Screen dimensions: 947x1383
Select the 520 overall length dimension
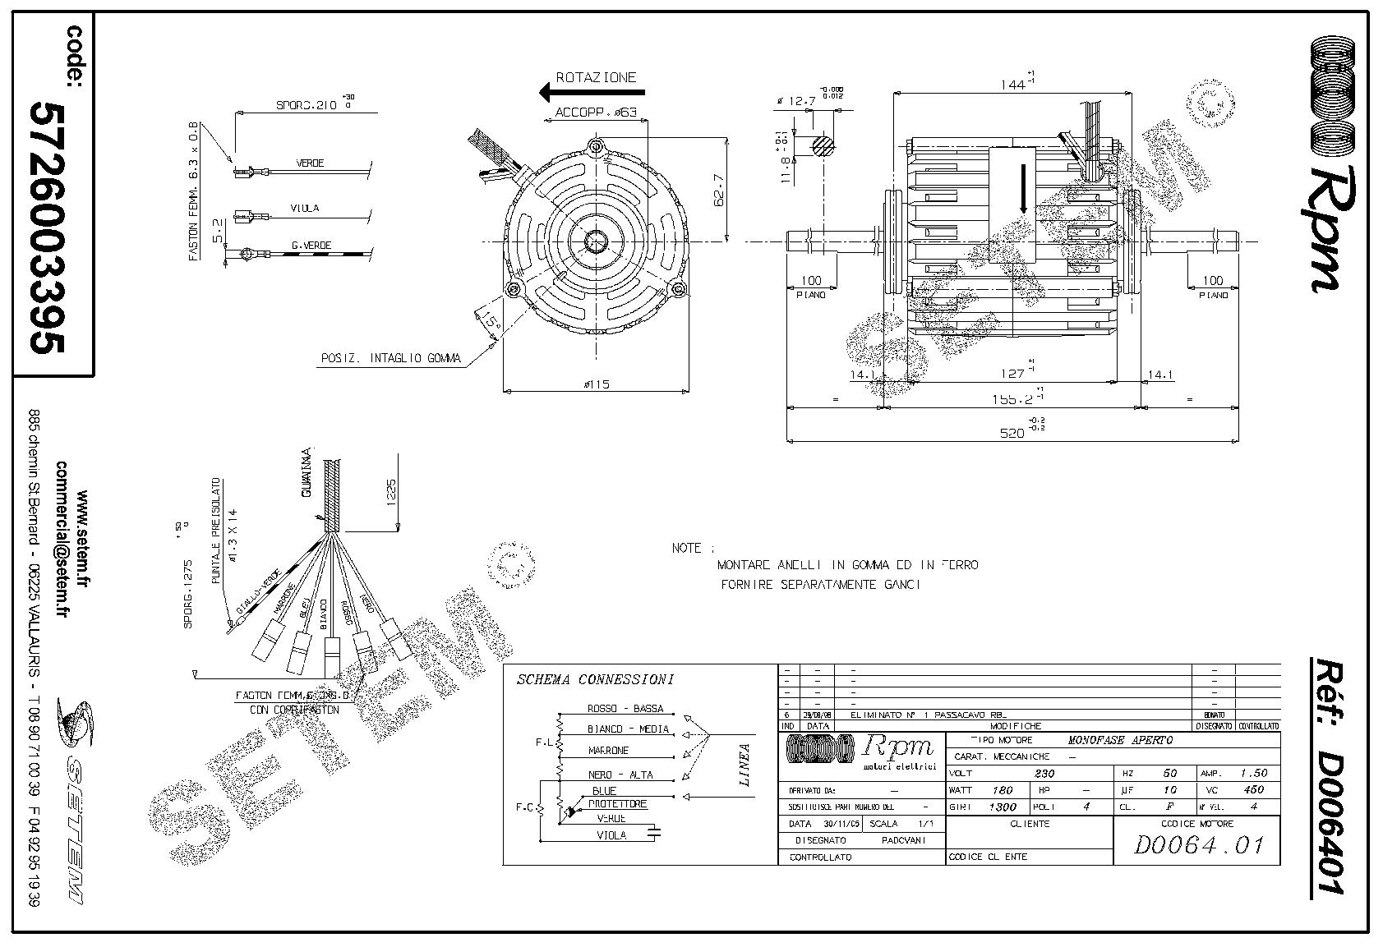point(1012,433)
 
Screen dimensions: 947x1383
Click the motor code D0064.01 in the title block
point(1197,845)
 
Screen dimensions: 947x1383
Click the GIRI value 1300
point(1003,807)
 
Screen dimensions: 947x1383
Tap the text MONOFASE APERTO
point(1120,740)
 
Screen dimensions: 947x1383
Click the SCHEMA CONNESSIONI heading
point(595,679)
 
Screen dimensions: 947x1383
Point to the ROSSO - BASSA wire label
point(625,709)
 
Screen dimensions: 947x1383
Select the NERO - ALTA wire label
point(620,775)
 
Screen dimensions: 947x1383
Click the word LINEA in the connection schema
point(745,765)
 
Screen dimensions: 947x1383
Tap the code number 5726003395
point(48,228)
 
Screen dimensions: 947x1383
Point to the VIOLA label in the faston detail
point(304,208)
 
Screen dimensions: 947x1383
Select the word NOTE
point(687,548)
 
